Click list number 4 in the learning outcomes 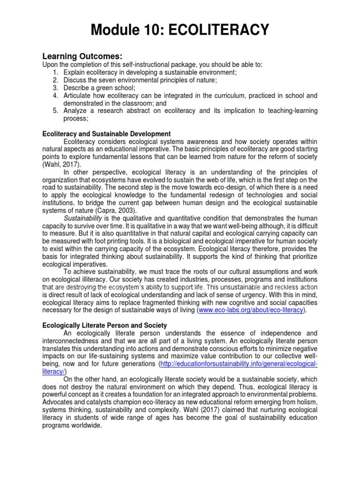(55, 96)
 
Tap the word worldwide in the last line (87, 426)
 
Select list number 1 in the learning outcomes (55, 72)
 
